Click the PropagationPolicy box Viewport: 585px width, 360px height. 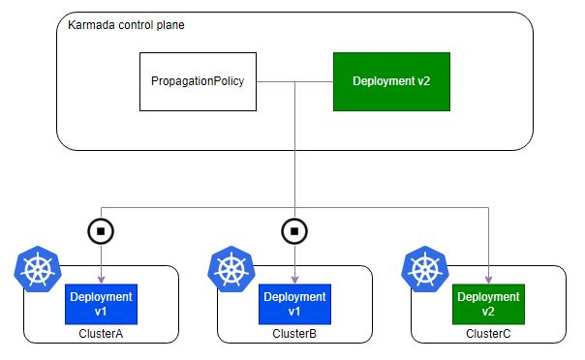coord(198,81)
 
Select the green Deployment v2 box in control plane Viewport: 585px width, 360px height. coord(391,81)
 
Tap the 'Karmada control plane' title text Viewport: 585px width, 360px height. coord(126,25)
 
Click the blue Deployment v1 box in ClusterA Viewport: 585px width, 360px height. coord(101,304)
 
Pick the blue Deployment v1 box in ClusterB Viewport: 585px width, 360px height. coord(294,304)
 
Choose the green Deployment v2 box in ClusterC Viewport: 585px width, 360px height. coord(488,304)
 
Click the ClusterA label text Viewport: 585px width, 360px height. coord(101,333)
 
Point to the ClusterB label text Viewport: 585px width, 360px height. coord(294,333)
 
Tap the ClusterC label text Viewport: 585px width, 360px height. coord(488,333)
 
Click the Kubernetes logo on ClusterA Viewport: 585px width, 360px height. coord(38,269)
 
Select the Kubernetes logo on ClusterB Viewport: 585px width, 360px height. coord(231,269)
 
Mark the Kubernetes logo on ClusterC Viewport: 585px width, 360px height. coord(425,269)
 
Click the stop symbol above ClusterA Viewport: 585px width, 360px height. coord(101,231)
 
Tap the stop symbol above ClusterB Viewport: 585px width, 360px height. coord(294,231)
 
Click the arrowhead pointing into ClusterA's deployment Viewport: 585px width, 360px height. coord(101,280)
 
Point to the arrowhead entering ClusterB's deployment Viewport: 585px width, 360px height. coord(294,280)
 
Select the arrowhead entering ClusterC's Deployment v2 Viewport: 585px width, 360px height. coord(488,280)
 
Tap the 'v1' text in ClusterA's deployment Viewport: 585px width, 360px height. coord(101,312)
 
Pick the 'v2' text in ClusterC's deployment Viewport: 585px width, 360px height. coord(488,312)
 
